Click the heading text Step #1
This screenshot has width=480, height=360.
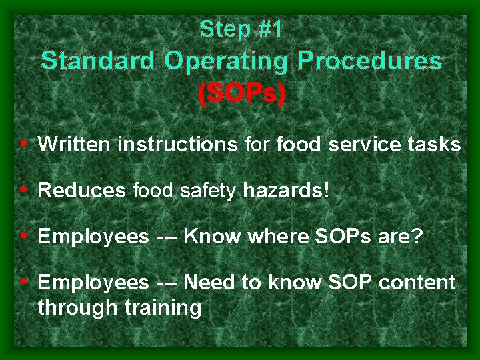pos(241,29)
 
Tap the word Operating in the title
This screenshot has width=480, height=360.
pos(226,61)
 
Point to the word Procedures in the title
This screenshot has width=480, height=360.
pos(369,61)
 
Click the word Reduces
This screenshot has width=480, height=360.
pos(81,191)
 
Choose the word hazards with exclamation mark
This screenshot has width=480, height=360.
pos(286,191)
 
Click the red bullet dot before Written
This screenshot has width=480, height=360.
pos(24,143)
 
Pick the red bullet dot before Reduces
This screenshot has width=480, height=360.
pos(24,189)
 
